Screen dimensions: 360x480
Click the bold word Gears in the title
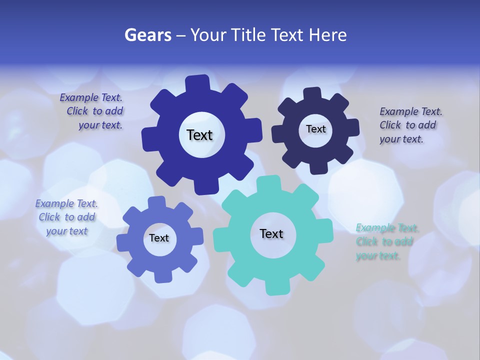pos(147,35)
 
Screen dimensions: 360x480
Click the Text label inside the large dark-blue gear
pos(199,135)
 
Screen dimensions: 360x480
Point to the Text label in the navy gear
pos(315,129)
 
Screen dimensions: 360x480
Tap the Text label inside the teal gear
pos(271,233)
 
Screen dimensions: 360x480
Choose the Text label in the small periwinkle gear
pos(159,238)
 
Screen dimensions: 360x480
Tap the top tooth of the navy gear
pos(312,94)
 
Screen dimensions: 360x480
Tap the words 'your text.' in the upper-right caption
pos(401,139)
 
